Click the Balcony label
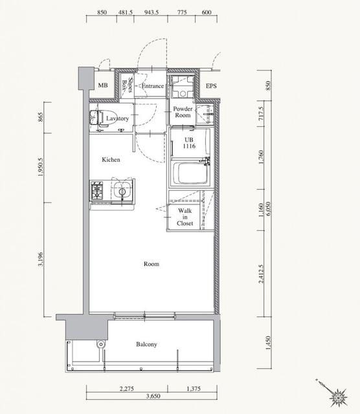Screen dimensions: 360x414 [146, 344]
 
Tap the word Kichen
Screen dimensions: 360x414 [111, 160]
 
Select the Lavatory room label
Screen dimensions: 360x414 [117, 118]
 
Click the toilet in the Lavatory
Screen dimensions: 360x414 [96, 118]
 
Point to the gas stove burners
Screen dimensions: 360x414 [96, 190]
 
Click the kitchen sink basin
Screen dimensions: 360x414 [122, 190]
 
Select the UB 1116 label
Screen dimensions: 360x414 [189, 143]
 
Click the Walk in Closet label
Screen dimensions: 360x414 [185, 217]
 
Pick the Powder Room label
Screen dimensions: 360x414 [183, 112]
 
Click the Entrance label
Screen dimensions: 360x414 [153, 86]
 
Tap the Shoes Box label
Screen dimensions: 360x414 [127, 85]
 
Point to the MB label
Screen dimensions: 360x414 [103, 85]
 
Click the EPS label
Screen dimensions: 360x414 [211, 86]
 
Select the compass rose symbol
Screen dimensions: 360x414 [338, 397]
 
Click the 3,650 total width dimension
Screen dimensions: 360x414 [153, 396]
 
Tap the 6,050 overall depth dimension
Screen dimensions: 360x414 [269, 209]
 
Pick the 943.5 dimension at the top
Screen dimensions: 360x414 [152, 12]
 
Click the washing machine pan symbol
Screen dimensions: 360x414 [183, 86]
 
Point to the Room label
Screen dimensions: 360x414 [152, 264]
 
